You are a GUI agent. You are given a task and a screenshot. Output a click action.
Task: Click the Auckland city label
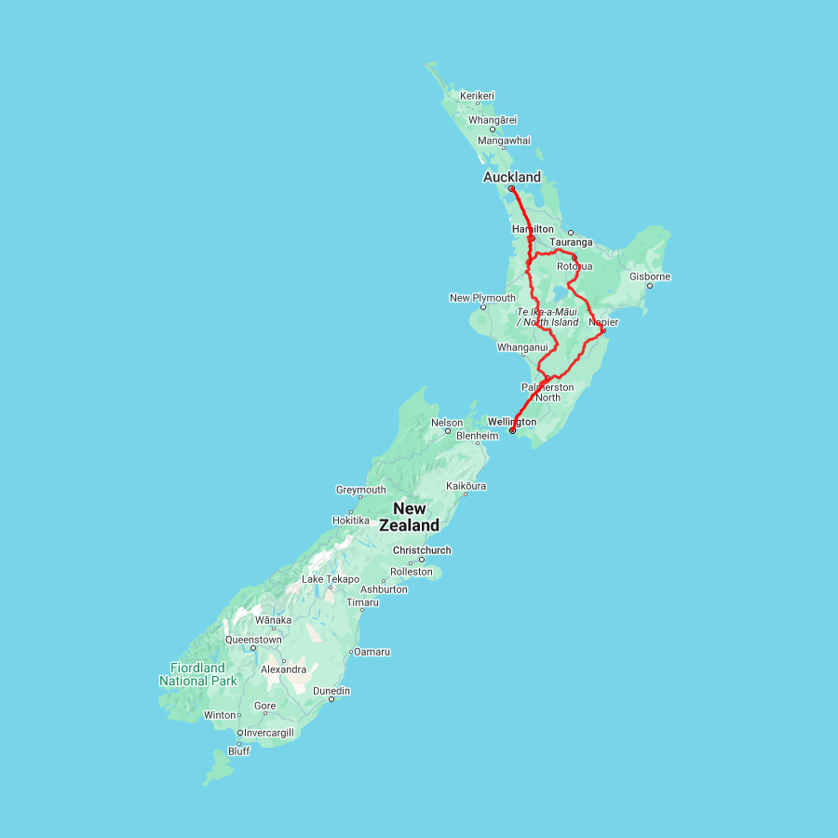pos(511,177)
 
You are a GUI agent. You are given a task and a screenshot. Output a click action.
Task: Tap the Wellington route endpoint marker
pos(512,431)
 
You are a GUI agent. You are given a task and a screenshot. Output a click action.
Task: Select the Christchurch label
pos(422,550)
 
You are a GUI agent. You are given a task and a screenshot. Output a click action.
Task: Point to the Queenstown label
pos(252,640)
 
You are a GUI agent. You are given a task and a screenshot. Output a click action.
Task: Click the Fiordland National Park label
pos(197,674)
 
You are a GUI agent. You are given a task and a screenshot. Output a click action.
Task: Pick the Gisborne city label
pos(649,277)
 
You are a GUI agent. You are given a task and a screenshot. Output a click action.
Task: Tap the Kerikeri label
pos(477,96)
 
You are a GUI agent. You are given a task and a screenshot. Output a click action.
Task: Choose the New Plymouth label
pos(481,298)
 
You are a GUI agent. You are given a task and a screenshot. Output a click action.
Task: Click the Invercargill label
pos(268,733)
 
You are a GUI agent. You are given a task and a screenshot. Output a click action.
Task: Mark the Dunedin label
pos(331,691)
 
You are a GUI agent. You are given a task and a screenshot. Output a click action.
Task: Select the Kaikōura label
pos(466,486)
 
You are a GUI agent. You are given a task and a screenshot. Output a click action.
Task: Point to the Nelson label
pos(447,423)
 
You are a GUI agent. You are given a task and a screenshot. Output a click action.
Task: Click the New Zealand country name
pos(410,517)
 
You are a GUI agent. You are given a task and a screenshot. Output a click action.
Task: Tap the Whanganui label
pos(523,347)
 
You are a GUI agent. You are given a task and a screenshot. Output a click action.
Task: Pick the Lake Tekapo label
pos(331,579)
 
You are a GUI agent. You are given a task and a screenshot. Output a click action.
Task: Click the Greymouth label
pos(360,490)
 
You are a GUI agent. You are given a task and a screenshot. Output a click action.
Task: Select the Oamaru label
pos(372,652)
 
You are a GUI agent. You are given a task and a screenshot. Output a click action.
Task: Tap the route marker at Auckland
pos(511,189)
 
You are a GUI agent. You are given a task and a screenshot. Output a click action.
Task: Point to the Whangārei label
pos(493,120)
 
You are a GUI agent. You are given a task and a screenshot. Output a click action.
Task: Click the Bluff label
pos(238,751)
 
